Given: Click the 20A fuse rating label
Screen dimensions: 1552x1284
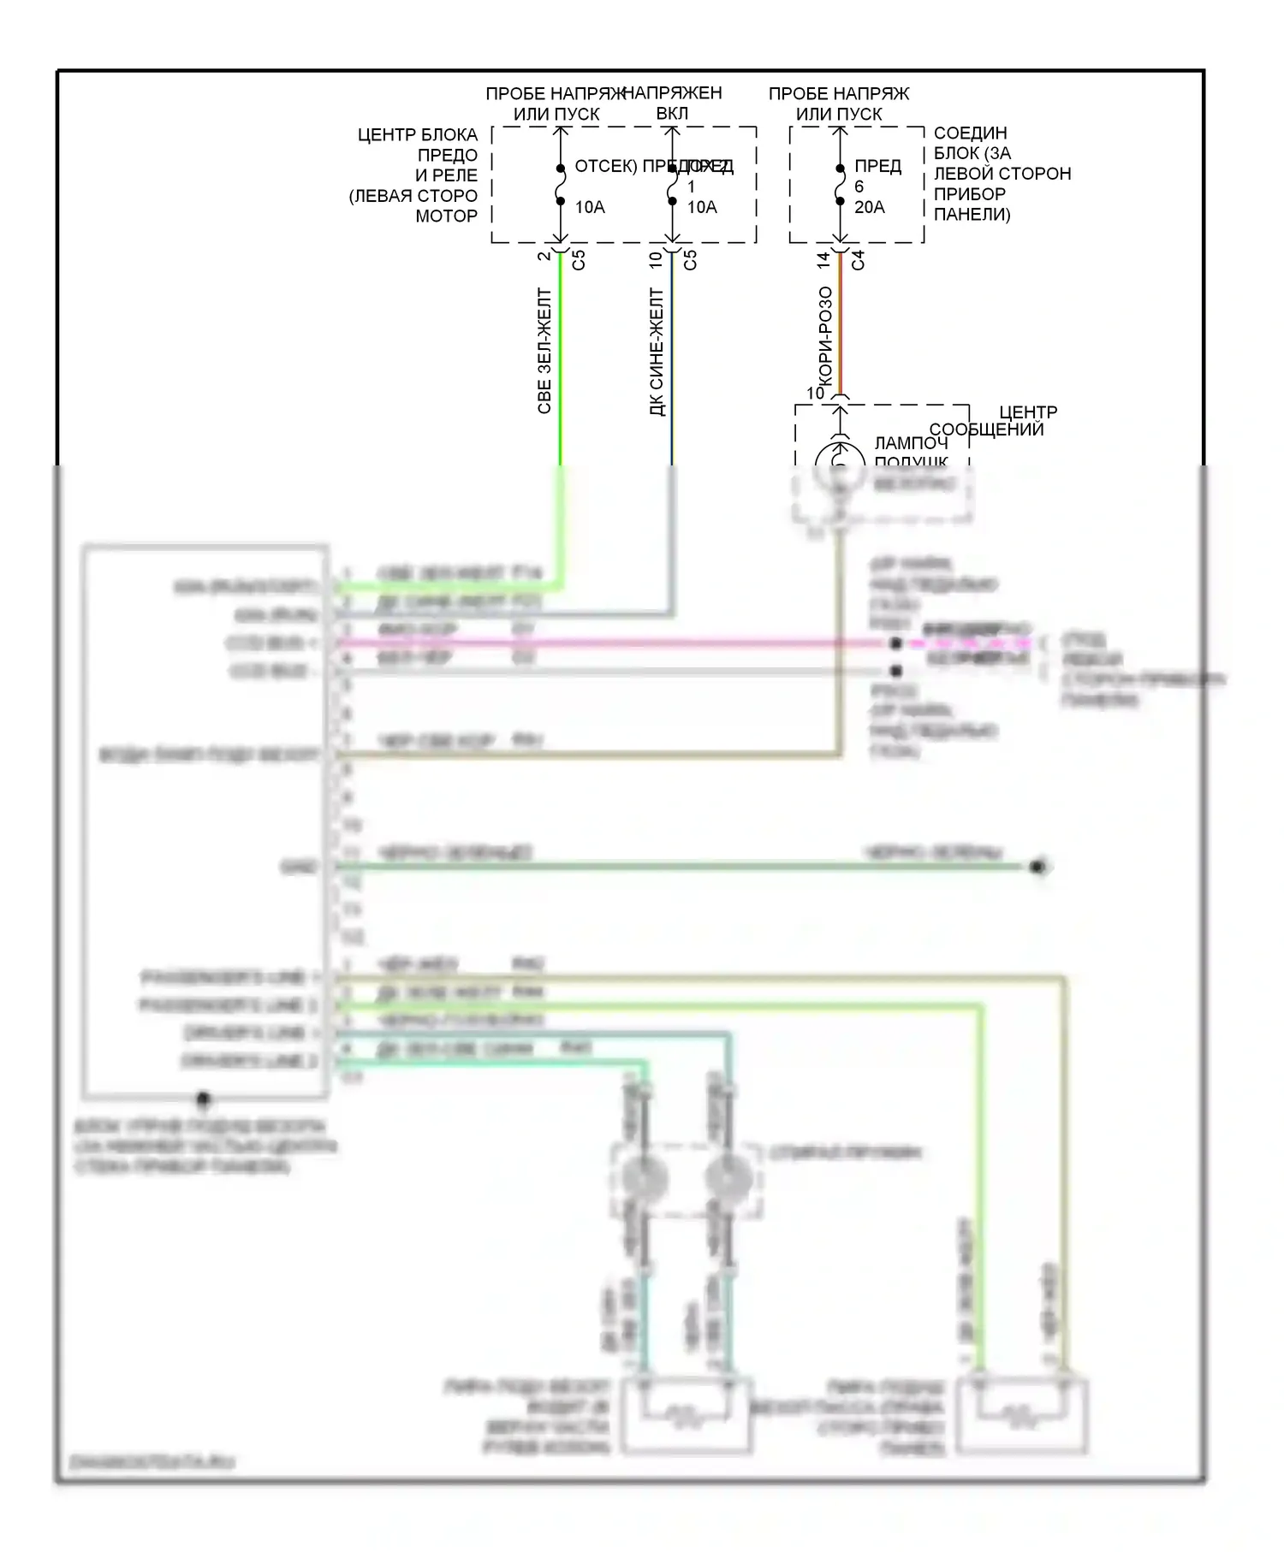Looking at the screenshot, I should coord(869,207).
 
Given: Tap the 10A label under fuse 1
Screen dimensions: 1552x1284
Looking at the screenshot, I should coord(702,207).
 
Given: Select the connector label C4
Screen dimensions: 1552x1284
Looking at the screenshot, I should coord(858,260).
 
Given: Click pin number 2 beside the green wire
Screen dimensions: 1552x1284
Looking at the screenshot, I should coord(544,256).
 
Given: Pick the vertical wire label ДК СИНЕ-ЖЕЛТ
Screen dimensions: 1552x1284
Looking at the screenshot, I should coord(657,352).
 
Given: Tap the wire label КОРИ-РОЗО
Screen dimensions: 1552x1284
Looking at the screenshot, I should coord(825,335).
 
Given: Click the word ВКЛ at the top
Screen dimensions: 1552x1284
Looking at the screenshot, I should coord(672,113).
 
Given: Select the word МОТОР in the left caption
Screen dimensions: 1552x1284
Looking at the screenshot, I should coord(446,216).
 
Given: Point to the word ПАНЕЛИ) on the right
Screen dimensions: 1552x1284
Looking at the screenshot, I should coord(972,215).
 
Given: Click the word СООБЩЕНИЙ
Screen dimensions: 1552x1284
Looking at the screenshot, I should coord(986,429).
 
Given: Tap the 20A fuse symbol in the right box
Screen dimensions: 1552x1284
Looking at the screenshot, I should coord(840,186).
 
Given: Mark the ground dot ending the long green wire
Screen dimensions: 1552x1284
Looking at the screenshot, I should coord(1038,868).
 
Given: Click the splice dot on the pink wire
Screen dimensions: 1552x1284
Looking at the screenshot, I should coord(895,643).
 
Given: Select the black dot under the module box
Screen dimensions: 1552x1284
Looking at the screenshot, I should coord(203,1098).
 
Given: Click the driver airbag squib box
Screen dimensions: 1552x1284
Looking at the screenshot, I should coord(687,1416).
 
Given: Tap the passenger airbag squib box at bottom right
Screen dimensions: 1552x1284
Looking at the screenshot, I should coord(1022,1416).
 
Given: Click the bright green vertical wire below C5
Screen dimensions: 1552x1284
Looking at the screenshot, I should coord(561,359).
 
